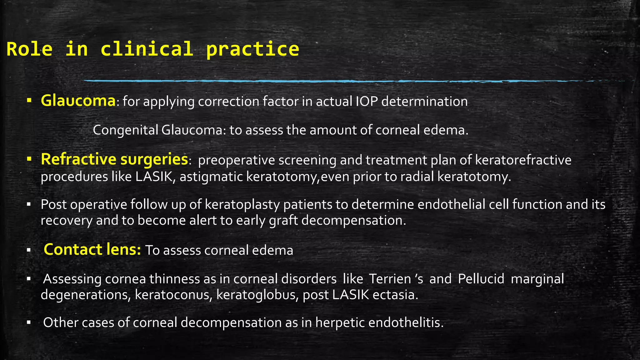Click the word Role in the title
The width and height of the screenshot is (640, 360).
(29, 49)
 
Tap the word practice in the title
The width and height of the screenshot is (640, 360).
(252, 49)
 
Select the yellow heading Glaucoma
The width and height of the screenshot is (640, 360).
(78, 101)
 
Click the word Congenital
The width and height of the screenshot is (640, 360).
(125, 130)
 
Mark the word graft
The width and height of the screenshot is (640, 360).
(283, 221)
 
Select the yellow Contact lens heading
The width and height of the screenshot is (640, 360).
(92, 250)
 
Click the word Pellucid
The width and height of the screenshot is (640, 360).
(481, 279)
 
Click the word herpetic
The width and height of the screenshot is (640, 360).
(340, 322)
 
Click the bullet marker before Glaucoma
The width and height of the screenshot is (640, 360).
(29, 101)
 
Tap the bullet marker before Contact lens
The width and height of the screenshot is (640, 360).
(28, 250)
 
